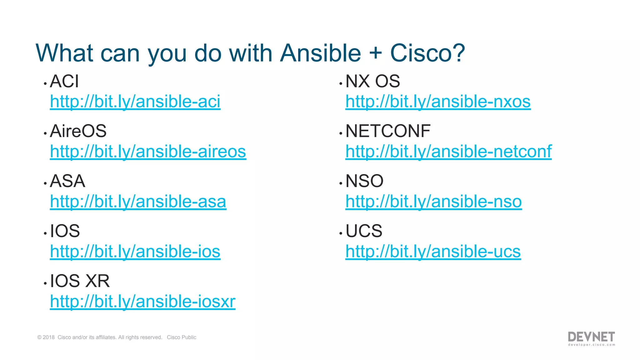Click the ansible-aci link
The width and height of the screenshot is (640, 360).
(x=135, y=102)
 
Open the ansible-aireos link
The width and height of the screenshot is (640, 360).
(x=148, y=152)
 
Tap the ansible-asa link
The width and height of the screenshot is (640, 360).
(x=138, y=202)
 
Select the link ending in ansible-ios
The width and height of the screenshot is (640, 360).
(x=135, y=252)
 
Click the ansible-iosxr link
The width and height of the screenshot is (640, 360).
(x=142, y=302)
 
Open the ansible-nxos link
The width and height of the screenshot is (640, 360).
(x=438, y=102)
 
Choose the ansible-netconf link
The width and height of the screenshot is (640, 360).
(x=448, y=152)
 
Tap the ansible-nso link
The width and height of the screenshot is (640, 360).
(x=433, y=202)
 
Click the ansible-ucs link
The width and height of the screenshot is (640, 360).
(x=433, y=252)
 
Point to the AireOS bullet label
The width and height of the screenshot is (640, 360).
(x=78, y=131)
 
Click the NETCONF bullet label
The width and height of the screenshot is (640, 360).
(x=388, y=131)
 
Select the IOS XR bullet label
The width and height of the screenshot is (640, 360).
(x=80, y=281)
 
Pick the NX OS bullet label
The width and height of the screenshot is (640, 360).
(x=372, y=82)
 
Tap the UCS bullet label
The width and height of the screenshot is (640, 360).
(x=364, y=231)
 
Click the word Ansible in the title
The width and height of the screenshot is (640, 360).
(x=320, y=53)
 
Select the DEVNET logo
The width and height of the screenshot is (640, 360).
(x=591, y=338)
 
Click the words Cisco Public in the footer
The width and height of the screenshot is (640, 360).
(x=181, y=337)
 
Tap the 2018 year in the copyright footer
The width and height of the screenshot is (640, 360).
(x=48, y=337)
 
